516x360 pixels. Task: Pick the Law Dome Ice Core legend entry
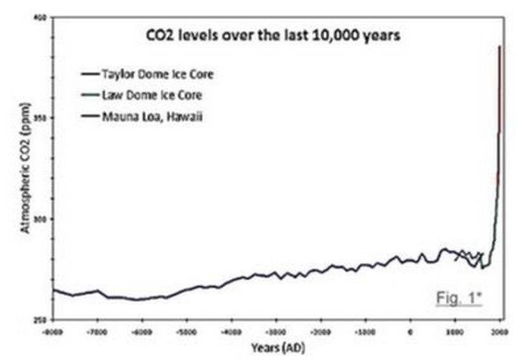pos(152,95)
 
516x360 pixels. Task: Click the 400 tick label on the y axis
pos(36,17)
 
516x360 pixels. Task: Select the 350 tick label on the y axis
pos(36,118)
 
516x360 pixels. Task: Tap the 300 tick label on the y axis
pos(36,219)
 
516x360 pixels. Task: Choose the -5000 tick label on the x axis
pos(186,331)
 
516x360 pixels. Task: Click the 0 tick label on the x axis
pos(410,331)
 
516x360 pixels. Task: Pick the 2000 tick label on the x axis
pos(499,331)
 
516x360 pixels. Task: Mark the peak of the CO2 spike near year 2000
pos(499,46)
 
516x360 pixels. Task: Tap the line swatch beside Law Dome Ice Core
pos(90,96)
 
